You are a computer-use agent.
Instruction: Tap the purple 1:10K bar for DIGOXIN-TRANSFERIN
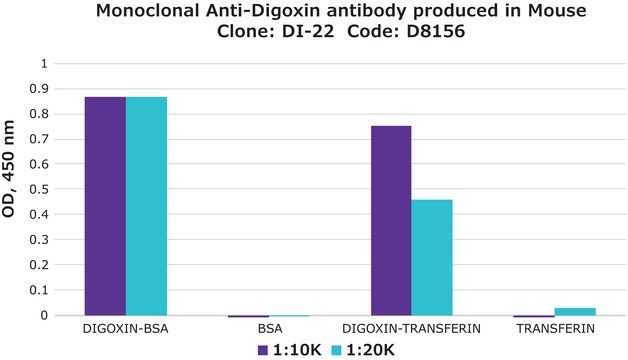[x=390, y=220]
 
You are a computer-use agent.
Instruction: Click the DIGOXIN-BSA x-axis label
[x=125, y=328]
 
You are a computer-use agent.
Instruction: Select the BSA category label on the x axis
[x=267, y=328]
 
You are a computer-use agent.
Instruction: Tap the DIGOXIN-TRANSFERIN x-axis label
[x=410, y=328]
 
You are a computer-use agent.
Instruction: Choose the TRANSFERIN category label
[x=553, y=328]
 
